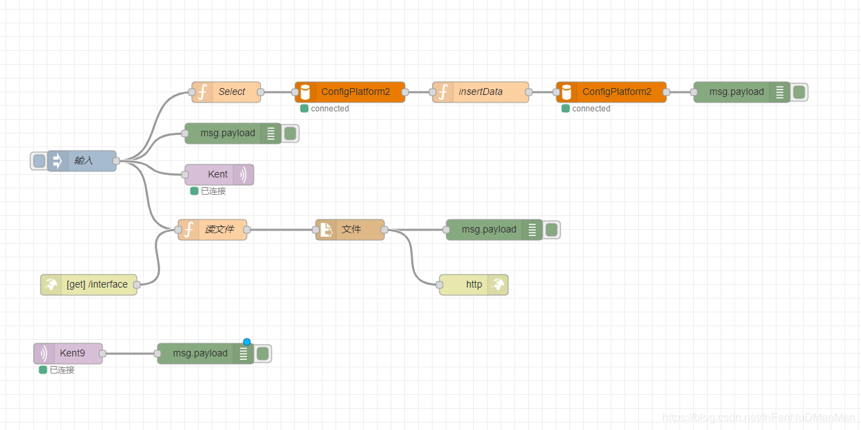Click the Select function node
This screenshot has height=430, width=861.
click(226, 92)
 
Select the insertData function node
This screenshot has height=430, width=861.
click(481, 92)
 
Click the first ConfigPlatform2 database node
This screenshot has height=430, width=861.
click(350, 92)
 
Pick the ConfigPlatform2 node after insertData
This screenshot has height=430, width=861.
click(611, 92)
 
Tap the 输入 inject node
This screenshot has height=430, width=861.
click(83, 160)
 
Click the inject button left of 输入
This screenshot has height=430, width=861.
click(39, 160)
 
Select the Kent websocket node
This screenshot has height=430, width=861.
click(219, 174)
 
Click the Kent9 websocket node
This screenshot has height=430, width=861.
click(69, 353)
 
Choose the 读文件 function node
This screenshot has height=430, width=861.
click(212, 229)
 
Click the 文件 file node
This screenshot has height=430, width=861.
click(350, 229)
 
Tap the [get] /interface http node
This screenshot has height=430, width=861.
click(89, 284)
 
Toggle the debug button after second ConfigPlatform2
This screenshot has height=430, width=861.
click(799, 92)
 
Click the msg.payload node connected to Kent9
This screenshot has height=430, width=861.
click(199, 353)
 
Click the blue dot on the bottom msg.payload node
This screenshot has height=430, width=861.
click(247, 342)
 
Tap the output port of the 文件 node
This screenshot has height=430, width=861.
click(384, 229)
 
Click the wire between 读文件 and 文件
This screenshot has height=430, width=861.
click(282, 229)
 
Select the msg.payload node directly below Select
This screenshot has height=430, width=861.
click(227, 133)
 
